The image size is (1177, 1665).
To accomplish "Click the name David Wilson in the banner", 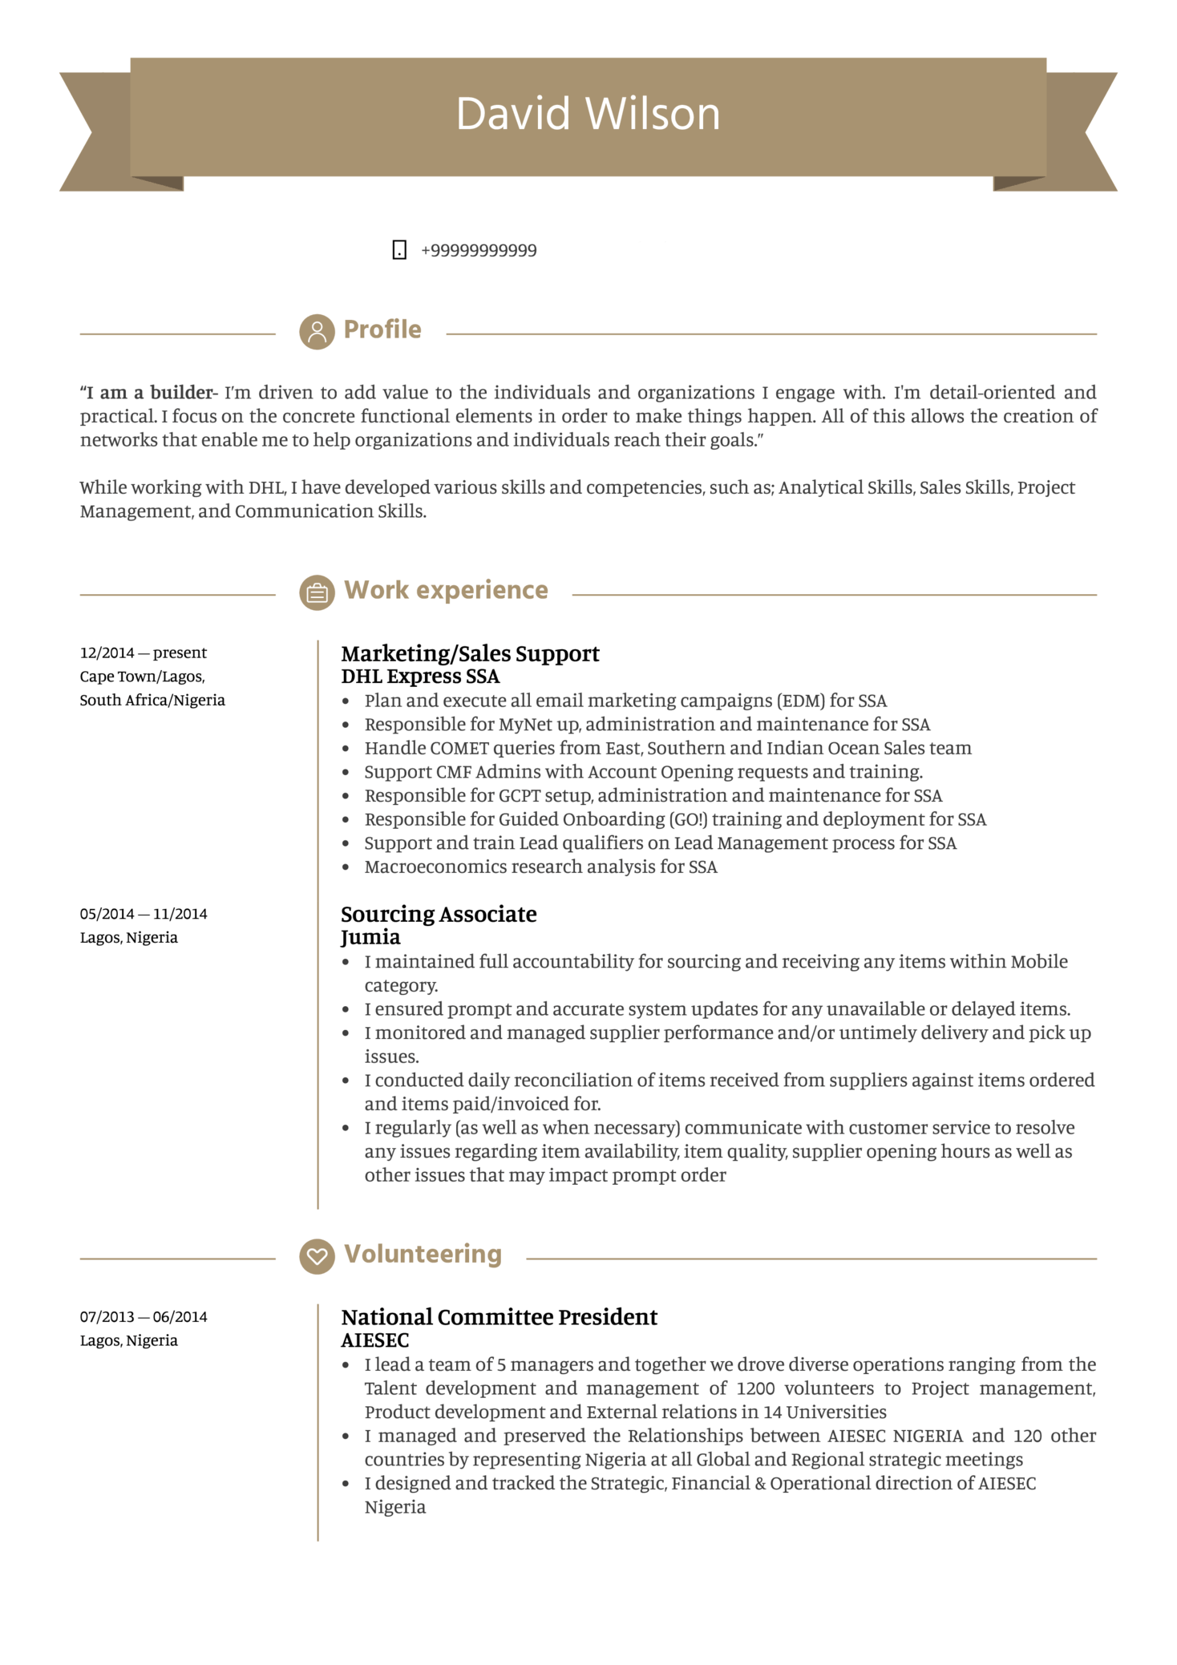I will click(x=588, y=114).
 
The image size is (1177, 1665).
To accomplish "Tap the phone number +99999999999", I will click(x=479, y=251).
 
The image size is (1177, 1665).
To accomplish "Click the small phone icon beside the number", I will click(x=399, y=250).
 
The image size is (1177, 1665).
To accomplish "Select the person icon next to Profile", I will click(x=317, y=331).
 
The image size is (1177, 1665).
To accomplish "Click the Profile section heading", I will click(x=382, y=329).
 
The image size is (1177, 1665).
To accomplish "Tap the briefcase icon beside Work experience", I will click(x=317, y=592).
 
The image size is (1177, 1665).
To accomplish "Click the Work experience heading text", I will click(x=446, y=590).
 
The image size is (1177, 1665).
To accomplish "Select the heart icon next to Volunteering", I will click(x=317, y=1256).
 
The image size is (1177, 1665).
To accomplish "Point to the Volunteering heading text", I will click(x=423, y=1254).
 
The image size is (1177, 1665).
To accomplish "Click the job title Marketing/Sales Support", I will click(x=470, y=653).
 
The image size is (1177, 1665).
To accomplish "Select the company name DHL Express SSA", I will click(x=420, y=677).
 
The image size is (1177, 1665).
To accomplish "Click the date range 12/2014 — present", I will click(x=144, y=653).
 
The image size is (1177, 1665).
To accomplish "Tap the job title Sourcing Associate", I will click(x=439, y=914).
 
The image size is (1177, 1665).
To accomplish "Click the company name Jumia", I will click(x=370, y=937).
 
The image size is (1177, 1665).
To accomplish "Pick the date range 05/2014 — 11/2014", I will click(x=144, y=914).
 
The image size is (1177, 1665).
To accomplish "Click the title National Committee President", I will click(x=499, y=1317).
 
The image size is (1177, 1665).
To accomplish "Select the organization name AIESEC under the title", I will click(x=375, y=1340).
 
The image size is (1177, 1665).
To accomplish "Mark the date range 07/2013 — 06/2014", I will click(x=144, y=1317).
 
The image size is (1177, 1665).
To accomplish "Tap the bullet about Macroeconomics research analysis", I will click(x=540, y=867).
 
